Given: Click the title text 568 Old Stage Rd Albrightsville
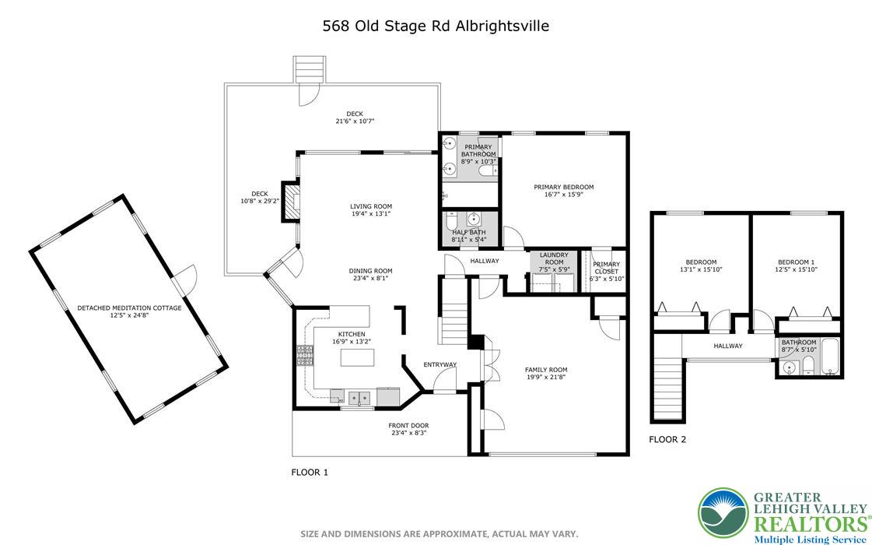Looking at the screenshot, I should click(436, 26).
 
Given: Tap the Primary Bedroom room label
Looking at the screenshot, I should click(563, 187).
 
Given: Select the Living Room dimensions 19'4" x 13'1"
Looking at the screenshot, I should click(370, 214).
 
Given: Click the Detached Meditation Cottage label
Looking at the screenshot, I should click(129, 308).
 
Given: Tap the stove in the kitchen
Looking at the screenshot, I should click(303, 356).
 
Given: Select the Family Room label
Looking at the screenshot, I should click(546, 370).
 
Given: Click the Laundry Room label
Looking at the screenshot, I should click(554, 258).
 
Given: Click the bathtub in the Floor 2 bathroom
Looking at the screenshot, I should click(829, 356).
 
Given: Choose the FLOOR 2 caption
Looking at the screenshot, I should click(667, 440).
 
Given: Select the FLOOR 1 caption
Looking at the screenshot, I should click(310, 472).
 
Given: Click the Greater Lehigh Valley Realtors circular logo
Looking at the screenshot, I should click(723, 514).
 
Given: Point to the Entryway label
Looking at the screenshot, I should click(440, 364).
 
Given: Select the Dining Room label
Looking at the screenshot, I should click(368, 271).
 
